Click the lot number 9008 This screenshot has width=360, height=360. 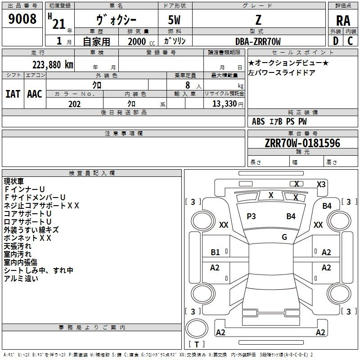[x=22, y=19]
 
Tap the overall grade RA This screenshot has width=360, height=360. [x=343, y=21]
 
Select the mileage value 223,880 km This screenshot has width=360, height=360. [x=53, y=65]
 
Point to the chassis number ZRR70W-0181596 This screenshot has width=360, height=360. [x=302, y=143]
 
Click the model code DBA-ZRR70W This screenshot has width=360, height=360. [x=258, y=41]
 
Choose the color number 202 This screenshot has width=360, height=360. [x=74, y=104]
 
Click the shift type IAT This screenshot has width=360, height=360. [x=13, y=94]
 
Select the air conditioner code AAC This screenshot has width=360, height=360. [x=35, y=94]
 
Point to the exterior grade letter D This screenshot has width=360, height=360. [x=336, y=41]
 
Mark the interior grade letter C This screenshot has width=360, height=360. [x=350, y=41]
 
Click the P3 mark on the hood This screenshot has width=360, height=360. [x=251, y=216]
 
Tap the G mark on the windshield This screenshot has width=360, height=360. [x=284, y=237]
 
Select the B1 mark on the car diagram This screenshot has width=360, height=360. [x=215, y=252]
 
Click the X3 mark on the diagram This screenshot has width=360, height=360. [x=321, y=184]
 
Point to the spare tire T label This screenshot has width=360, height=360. [x=197, y=344]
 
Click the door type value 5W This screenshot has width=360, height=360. [x=174, y=20]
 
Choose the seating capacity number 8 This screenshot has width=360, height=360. [x=188, y=85]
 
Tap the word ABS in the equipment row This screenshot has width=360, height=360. [x=258, y=121]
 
